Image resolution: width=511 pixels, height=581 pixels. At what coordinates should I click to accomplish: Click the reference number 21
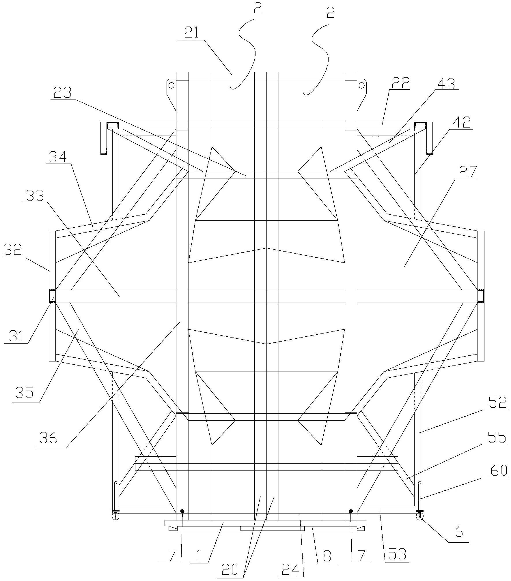point(192,34)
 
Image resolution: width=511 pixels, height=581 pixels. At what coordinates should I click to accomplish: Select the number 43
point(446,83)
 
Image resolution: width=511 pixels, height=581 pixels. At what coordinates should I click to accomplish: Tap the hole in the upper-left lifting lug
point(171,85)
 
